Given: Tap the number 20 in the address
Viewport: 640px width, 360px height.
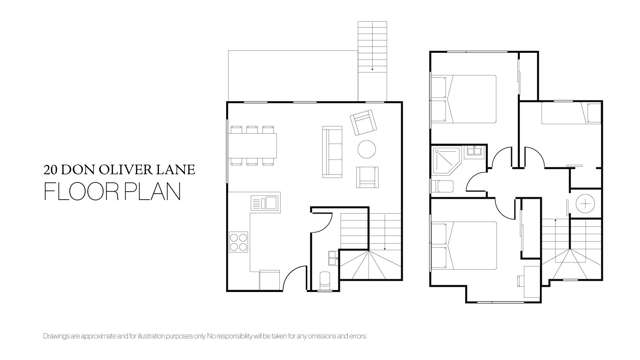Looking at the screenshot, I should [x=51, y=169].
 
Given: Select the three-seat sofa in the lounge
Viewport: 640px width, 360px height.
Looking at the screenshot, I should [x=329, y=150].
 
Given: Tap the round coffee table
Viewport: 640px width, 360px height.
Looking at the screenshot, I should [x=367, y=149].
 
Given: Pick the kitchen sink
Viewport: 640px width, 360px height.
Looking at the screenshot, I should [x=265, y=203].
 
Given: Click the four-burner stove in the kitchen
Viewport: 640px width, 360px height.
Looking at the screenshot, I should [x=239, y=241].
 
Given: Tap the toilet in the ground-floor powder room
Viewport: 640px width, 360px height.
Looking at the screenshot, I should [x=322, y=277].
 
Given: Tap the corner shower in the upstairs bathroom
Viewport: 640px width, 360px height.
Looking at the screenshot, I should [x=444, y=158].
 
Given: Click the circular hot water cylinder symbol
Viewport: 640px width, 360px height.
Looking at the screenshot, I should [x=584, y=204].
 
